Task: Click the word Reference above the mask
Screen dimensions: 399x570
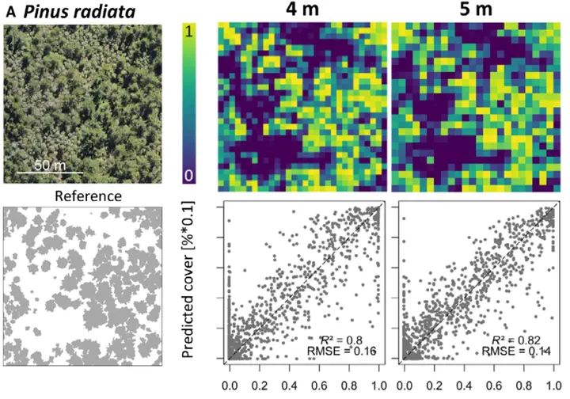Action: point(88,196)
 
